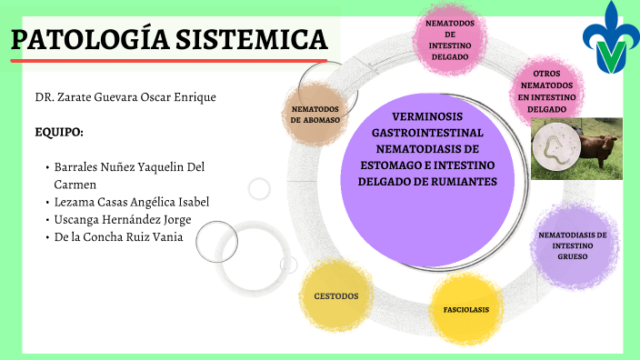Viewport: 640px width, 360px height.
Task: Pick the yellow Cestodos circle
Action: tap(335, 296)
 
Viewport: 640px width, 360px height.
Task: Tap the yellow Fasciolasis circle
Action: tap(465, 309)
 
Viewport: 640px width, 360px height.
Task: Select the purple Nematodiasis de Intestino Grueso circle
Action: tap(572, 243)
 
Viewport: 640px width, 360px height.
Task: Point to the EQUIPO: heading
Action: tap(59, 132)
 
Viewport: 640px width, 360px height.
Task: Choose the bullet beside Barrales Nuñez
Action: tap(46, 168)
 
